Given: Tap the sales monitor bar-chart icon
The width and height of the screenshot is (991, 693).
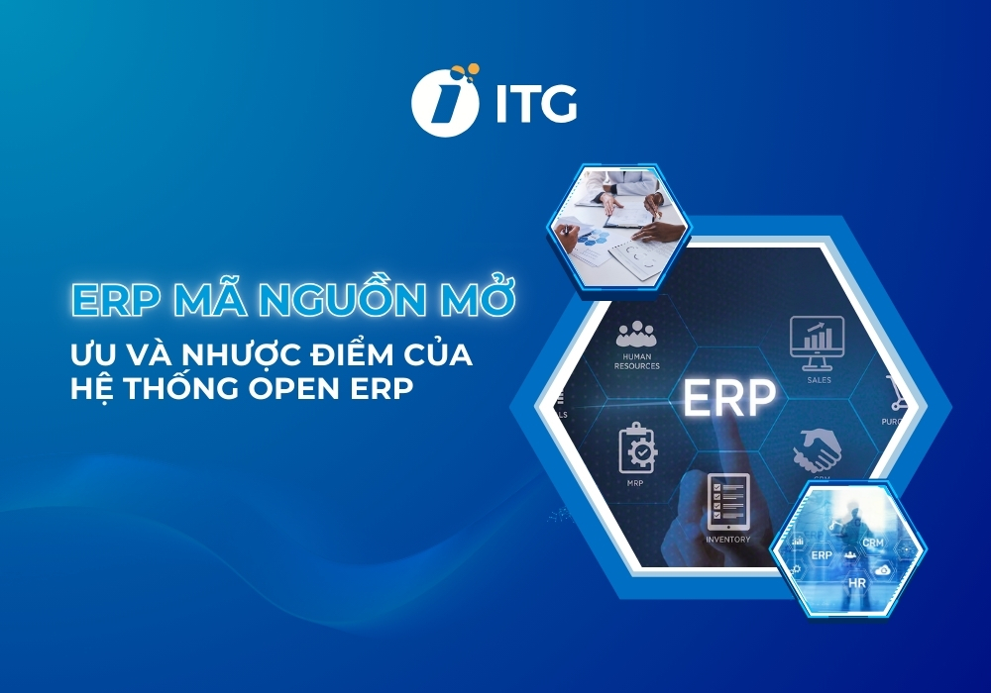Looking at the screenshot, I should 817,338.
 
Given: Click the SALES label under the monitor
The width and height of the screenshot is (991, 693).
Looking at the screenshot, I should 819,379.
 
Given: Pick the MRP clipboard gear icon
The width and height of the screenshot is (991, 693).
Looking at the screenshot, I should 637,446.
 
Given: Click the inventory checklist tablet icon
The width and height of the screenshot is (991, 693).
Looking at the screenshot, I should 727,500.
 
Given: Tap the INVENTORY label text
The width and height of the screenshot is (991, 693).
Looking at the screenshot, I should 727,540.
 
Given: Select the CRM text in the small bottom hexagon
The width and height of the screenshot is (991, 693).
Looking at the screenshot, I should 873,543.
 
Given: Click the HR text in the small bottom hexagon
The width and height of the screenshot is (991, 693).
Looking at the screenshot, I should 857,583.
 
